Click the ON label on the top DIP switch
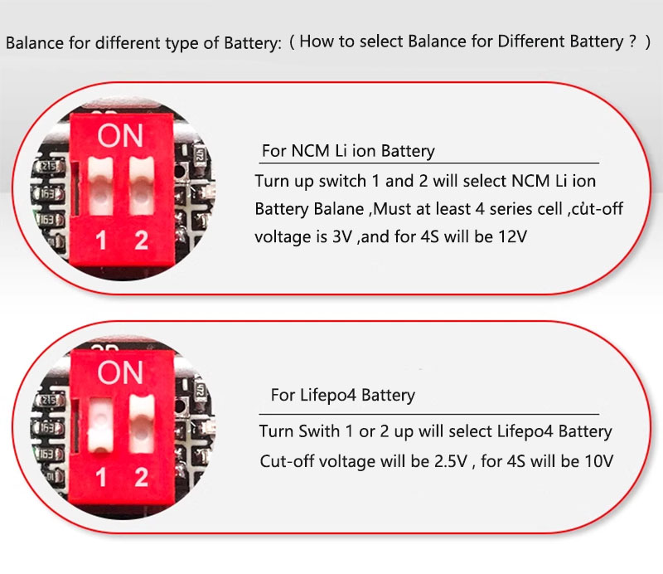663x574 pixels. coord(120,136)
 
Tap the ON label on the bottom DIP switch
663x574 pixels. coord(120,372)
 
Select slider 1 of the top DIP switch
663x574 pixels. coord(100,187)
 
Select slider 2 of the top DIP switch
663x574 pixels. coord(141,187)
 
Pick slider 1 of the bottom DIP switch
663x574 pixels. coord(100,425)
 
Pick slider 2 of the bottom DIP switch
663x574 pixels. coord(142,423)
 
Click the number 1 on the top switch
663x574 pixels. coord(100,241)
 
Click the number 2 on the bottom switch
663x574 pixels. coord(141,477)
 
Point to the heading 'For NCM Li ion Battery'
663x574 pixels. coord(348,151)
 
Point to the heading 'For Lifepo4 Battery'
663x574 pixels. coord(342,395)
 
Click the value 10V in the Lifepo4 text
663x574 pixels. coord(598,461)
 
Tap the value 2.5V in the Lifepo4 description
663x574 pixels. coord(450,461)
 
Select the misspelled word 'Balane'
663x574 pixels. coord(339,209)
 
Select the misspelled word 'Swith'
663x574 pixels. coord(319,431)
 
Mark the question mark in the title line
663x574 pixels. coord(632,41)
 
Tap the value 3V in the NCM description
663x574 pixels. coord(342,236)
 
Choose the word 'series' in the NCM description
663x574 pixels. coord(511,209)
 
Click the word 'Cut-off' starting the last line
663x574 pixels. coord(286,461)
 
